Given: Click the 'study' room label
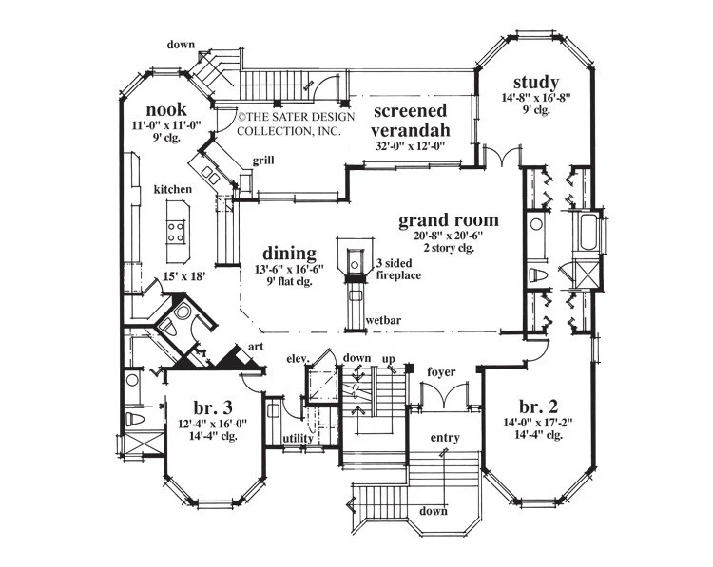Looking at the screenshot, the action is pos(536,83).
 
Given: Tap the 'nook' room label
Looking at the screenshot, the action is pos(166,109).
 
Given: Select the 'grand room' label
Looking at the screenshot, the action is pos(449,220).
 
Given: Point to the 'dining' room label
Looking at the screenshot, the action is pos(289,254).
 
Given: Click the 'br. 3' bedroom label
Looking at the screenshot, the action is pos(213,407).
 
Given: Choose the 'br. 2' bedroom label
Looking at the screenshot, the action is pos(538,406).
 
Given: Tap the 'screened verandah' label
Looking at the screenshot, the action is pos(410,120).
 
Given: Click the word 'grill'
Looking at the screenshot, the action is pos(263,161).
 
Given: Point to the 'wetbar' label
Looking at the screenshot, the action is pos(383,320).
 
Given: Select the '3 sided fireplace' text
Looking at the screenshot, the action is pos(398,269).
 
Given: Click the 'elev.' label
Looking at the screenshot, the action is pos(298,358).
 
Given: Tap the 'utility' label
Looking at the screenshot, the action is pos(298,439).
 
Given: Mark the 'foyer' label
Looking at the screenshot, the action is pos(441,372).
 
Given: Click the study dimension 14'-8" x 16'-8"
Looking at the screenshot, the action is pos(536,97).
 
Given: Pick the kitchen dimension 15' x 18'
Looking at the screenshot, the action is pos(184,275).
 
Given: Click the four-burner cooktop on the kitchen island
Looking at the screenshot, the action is pos(176,232).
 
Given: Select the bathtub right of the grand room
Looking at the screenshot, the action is pos(588,232).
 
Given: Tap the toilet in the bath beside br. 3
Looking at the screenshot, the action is pos(134,419).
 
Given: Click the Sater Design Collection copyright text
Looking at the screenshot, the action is pos(296,123).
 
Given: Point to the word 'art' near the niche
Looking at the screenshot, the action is pos(256,347).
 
